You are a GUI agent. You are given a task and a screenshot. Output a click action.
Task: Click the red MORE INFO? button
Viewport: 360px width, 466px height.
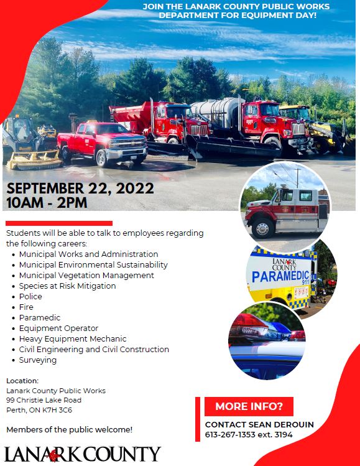point(249,406)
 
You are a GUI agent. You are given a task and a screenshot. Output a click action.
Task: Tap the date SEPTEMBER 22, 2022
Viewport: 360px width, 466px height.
point(80,189)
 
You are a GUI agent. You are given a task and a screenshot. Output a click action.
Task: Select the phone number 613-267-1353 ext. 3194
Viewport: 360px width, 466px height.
point(249,434)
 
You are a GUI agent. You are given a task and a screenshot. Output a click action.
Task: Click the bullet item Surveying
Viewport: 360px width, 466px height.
point(38,360)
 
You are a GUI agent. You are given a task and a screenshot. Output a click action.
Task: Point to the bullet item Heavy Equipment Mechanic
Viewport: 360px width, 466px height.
point(73,339)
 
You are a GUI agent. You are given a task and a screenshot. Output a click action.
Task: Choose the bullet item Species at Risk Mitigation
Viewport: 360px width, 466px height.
point(67,286)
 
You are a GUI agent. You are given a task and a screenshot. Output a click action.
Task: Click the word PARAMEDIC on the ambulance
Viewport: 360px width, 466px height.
point(280,276)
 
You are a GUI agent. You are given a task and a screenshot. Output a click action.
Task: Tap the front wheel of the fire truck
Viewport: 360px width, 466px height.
point(262,228)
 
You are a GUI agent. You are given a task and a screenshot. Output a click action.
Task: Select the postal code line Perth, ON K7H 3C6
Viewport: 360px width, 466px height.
point(39,410)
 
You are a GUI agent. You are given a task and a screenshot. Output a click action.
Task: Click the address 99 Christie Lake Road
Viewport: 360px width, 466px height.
point(44,400)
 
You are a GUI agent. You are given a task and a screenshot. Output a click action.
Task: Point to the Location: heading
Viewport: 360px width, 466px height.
point(22,381)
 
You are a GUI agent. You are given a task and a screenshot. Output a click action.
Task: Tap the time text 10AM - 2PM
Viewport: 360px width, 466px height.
point(47,203)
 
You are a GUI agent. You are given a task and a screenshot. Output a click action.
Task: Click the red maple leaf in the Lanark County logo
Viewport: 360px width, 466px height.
point(53,455)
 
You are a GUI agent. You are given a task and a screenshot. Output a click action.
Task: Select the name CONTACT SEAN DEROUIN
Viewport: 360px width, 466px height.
point(259,424)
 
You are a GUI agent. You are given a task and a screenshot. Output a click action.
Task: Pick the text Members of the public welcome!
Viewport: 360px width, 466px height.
point(69,429)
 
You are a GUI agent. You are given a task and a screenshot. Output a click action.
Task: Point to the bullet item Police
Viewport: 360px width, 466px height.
point(30,296)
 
